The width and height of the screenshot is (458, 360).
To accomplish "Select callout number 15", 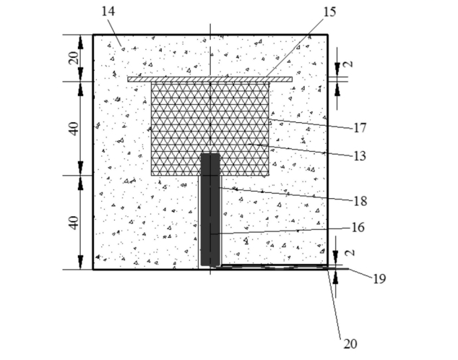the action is coord(330,12).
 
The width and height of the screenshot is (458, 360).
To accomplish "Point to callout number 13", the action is coord(360,155).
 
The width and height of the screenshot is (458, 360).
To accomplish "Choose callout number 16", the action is coord(360,227).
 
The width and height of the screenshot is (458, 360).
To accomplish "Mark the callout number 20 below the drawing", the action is coord(350,344).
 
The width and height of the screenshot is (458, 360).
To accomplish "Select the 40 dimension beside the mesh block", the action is coord(73,128).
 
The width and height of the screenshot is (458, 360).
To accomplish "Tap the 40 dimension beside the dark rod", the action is coord(73,222).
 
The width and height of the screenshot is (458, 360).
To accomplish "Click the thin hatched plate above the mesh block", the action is coord(209,79).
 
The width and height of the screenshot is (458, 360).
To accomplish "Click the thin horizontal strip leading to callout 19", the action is coord(282,267).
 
